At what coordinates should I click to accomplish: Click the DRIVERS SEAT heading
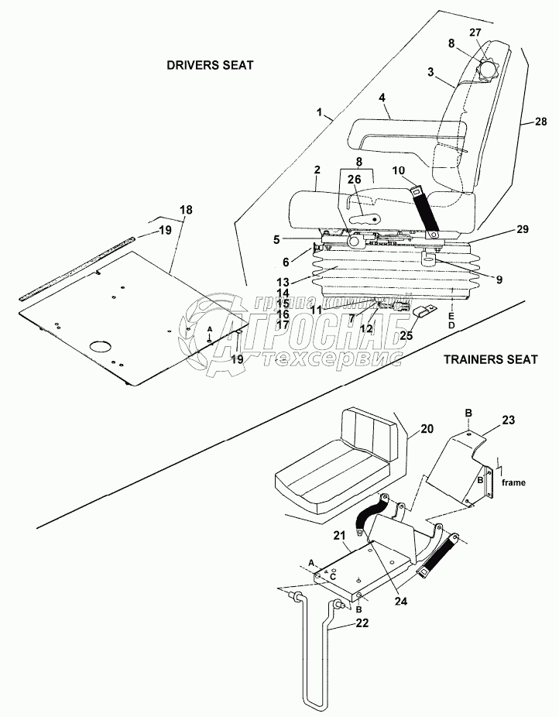pyautogui.click(x=210, y=66)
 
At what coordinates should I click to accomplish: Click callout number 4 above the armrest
pyautogui.click(x=382, y=98)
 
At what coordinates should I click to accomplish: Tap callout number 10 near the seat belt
pyautogui.click(x=398, y=170)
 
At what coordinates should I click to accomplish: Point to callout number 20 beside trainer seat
pyautogui.click(x=427, y=428)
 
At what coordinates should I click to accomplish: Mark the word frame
pyautogui.click(x=513, y=482)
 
